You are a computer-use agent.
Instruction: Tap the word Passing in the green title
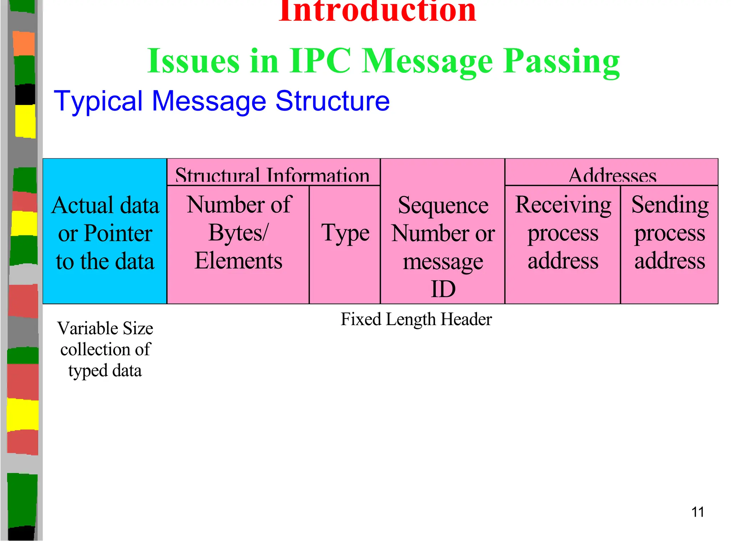(x=561, y=61)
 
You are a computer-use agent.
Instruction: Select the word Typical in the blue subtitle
(x=98, y=101)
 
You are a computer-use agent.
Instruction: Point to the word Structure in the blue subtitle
(x=332, y=101)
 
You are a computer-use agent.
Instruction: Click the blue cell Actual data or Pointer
(x=105, y=232)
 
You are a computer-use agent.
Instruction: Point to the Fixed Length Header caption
(x=416, y=319)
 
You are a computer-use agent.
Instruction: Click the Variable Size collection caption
(x=105, y=349)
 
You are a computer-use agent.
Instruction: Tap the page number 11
(x=697, y=512)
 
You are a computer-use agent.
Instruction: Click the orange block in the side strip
(x=24, y=44)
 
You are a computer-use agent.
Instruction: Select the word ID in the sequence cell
(x=443, y=289)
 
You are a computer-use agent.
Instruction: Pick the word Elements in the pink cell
(x=238, y=261)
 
